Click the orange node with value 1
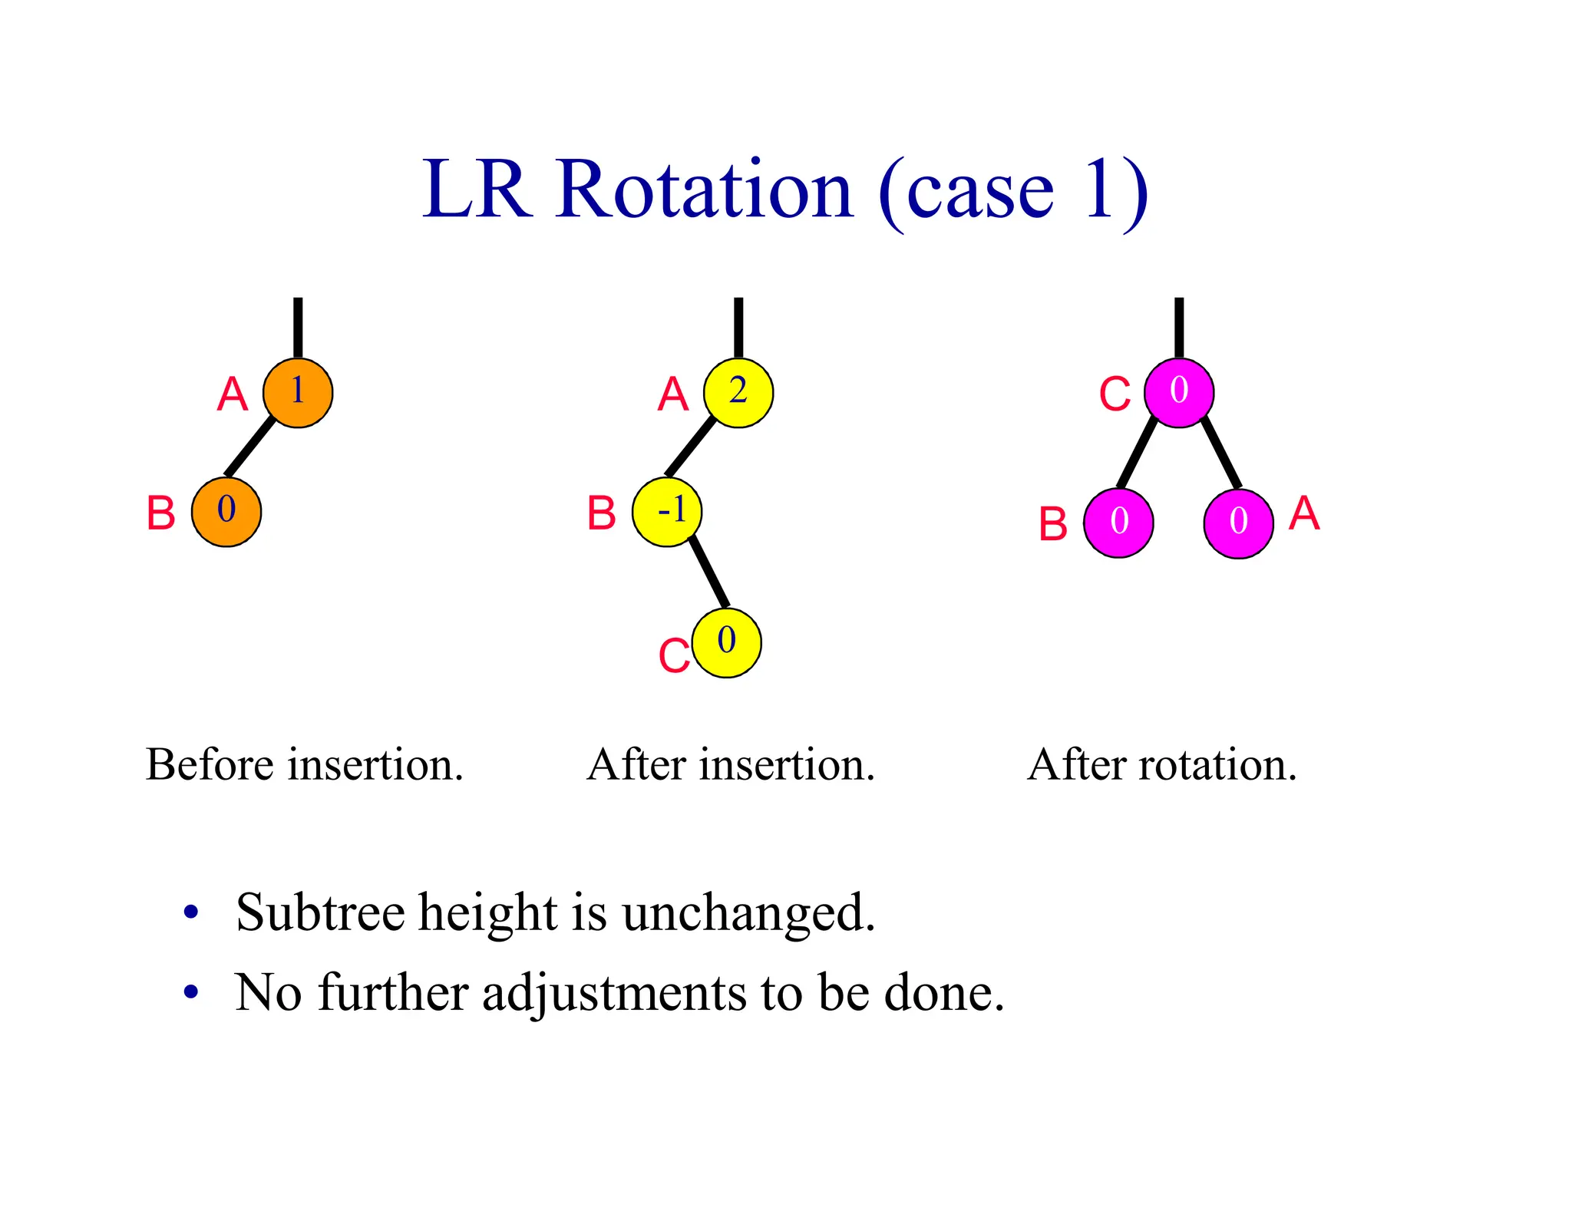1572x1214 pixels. [298, 392]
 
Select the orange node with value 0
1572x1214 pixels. [226, 511]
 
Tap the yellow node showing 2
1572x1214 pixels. [738, 392]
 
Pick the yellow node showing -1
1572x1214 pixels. [667, 511]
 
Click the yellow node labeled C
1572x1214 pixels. [726, 642]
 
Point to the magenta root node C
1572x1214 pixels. [1179, 392]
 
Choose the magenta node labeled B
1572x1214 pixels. [1118, 523]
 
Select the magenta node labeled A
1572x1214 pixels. [1238, 523]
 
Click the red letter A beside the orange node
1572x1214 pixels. [233, 395]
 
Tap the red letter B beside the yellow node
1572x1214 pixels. [602, 513]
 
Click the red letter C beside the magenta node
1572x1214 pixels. [1115, 395]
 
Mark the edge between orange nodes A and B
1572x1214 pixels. [250, 447]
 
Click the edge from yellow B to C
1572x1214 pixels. [708, 572]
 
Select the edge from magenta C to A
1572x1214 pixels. [1220, 453]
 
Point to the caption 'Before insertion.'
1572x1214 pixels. [305, 765]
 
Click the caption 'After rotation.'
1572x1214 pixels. [1162, 765]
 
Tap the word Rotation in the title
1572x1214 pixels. [704, 190]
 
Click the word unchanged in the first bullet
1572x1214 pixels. [748, 913]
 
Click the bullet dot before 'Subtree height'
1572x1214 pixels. [191, 913]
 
